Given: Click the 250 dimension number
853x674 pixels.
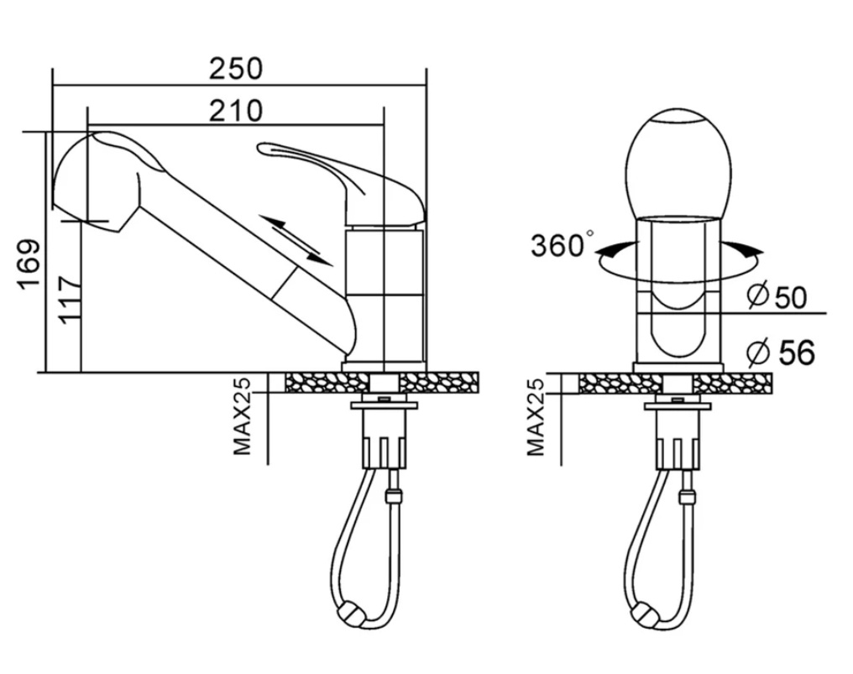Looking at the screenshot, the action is [x=236, y=69].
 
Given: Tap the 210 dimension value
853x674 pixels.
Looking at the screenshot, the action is [x=236, y=111].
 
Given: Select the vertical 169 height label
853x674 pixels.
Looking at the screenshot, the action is [x=29, y=265].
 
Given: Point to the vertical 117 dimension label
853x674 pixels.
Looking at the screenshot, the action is [x=69, y=300].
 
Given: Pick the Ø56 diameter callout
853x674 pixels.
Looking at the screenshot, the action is [x=781, y=352].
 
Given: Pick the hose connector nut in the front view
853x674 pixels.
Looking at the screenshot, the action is [x=687, y=496].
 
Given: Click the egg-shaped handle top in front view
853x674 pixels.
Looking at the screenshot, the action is [x=678, y=163].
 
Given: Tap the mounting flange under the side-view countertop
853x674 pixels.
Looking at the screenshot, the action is [x=384, y=405].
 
